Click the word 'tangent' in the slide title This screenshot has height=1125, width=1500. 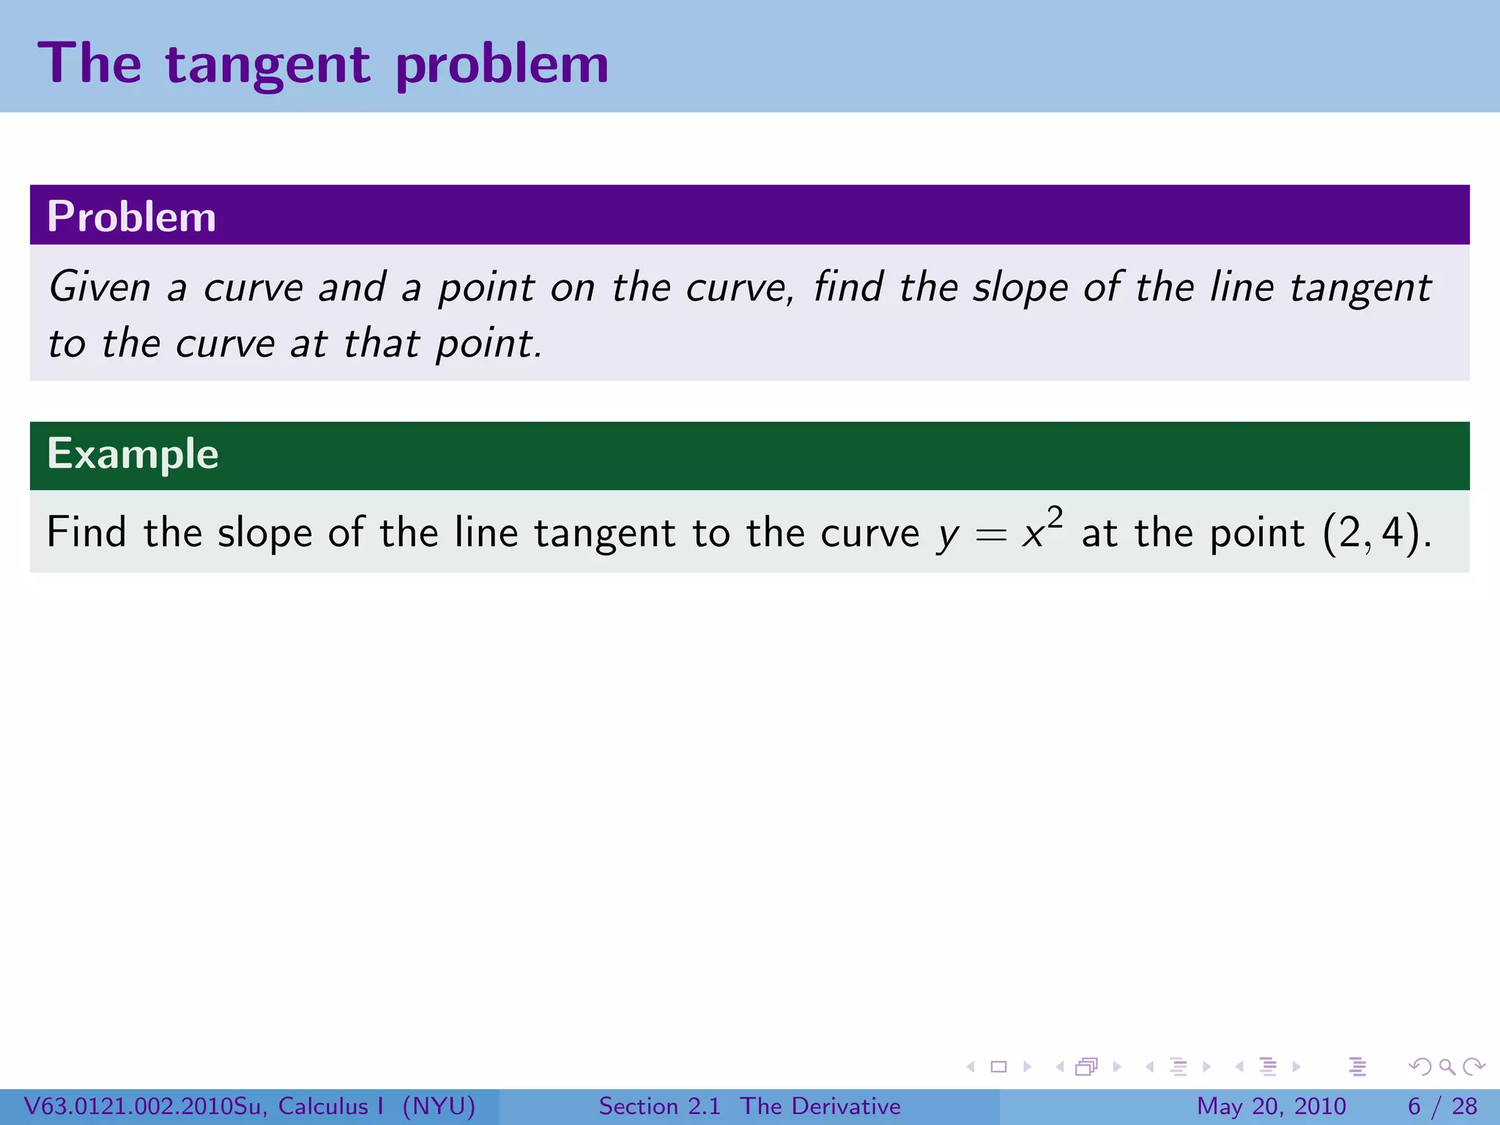267,64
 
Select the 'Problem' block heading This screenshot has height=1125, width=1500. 132,217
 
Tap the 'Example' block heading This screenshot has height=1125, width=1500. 133,454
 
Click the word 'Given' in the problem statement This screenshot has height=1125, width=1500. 100,286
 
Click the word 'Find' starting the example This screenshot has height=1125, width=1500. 86,532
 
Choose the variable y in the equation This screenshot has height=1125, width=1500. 948,537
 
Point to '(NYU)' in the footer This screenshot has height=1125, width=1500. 439,1106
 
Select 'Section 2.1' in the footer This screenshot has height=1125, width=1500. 659,1106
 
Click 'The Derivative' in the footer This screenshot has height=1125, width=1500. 820,1106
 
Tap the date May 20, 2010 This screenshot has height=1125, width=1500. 1271,1106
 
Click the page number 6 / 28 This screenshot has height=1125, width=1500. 1442,1106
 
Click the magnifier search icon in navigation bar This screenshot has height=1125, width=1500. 1447,1066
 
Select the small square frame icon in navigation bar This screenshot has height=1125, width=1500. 998,1066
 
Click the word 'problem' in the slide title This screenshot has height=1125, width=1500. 502,64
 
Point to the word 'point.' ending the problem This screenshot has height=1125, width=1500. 489,344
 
